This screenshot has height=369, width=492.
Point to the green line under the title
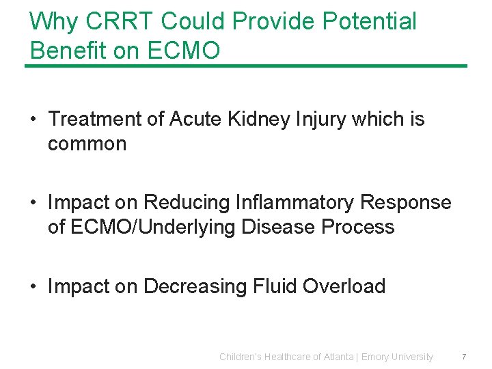click(246, 66)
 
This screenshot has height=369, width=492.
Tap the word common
click(87, 143)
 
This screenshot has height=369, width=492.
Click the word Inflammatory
click(295, 202)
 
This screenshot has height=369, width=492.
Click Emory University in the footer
click(397, 357)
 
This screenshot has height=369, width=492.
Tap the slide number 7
click(464, 357)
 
